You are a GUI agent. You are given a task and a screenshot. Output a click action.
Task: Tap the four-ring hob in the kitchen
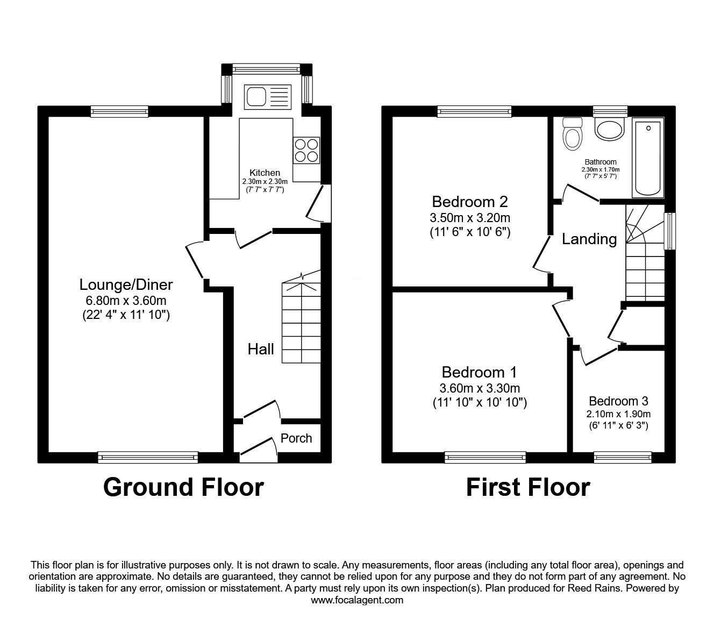(306, 150)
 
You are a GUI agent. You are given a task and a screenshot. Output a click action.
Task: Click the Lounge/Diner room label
(126, 284)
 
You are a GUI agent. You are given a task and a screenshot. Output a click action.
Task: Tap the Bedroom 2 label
(470, 202)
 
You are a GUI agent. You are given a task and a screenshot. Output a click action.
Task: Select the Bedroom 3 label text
(618, 401)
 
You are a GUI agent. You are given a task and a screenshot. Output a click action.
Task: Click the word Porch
(296, 438)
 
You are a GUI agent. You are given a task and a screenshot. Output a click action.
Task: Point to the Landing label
(589, 239)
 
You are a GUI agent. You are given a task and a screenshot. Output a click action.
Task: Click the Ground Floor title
(183, 487)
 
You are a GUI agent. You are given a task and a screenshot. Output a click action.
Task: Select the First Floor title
(528, 487)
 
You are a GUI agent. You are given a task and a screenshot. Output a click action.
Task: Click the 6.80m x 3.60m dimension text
(126, 301)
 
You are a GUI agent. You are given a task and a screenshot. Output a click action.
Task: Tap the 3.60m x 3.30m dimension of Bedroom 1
(480, 388)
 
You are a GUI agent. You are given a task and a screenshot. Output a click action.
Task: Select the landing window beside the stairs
(669, 231)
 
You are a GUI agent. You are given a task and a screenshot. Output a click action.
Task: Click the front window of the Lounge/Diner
(148, 457)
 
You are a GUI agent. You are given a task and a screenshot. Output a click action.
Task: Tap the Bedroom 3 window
(623, 457)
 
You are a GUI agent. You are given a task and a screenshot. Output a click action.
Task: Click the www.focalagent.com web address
(357, 600)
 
